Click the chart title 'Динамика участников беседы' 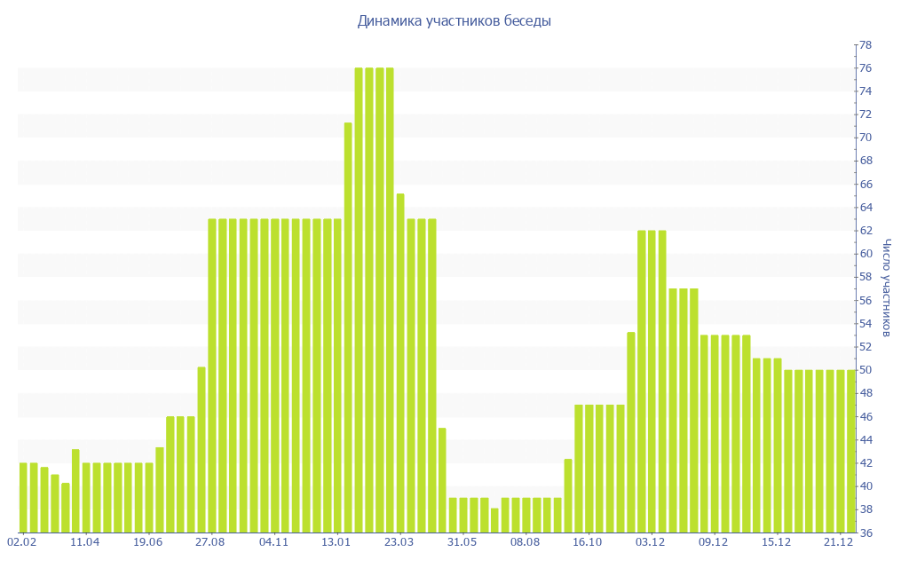[454, 20]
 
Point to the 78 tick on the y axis [864, 45]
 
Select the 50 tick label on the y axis [864, 370]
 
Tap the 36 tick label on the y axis [864, 532]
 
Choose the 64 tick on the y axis [864, 208]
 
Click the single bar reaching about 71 [348, 327]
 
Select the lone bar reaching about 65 [400, 363]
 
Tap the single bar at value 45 [442, 480]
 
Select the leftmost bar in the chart [23, 497]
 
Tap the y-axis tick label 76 [864, 68]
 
